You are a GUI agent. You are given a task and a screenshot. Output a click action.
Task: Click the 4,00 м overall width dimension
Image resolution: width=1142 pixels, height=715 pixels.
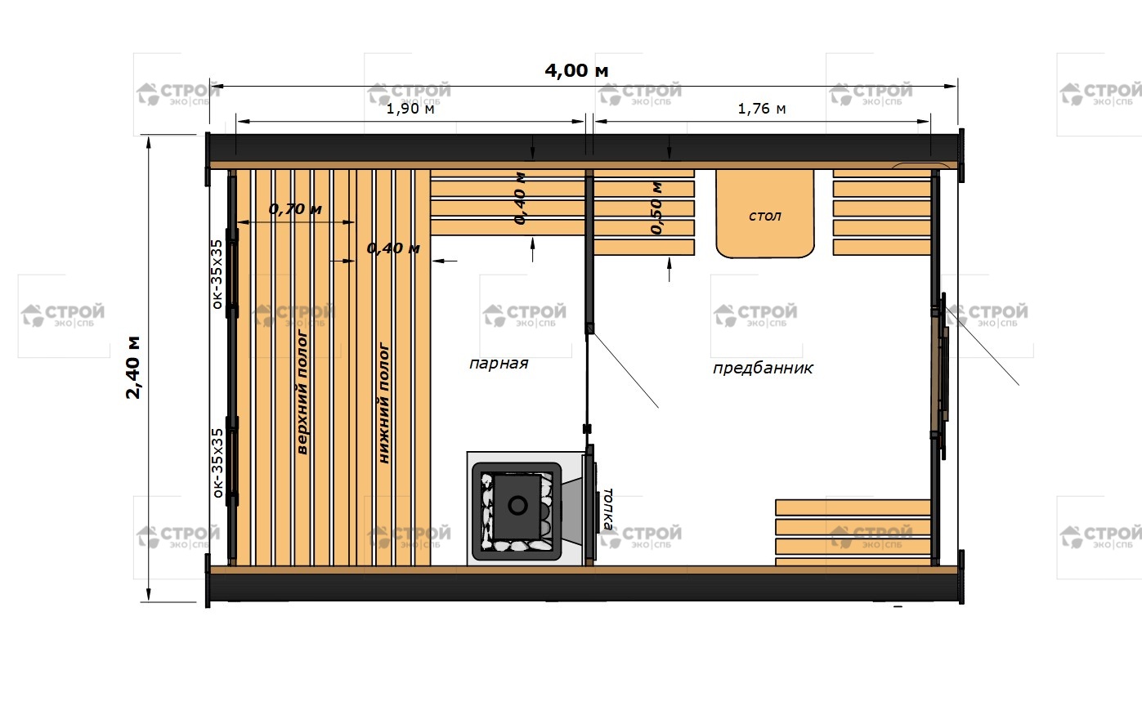point(576,71)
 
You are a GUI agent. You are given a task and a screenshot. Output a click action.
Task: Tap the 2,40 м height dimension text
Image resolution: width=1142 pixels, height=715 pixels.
point(133,367)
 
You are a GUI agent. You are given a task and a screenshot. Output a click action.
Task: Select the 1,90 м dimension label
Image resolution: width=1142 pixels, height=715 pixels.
point(410,109)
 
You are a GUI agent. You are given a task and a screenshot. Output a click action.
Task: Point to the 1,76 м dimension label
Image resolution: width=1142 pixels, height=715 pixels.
point(762,109)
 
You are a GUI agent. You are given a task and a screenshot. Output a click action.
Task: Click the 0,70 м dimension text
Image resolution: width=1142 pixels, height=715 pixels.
point(295,209)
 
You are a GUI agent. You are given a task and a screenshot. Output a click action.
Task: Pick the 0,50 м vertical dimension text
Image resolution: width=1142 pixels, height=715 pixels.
point(656,208)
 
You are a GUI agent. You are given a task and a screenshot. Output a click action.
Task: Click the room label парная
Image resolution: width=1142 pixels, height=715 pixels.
point(499,364)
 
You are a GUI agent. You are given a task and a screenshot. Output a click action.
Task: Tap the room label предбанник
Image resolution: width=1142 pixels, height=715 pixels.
point(763,368)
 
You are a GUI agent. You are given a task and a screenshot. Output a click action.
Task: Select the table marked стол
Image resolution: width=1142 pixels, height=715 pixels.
point(764,213)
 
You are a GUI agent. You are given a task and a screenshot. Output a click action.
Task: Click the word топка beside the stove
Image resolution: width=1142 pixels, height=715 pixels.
point(607,509)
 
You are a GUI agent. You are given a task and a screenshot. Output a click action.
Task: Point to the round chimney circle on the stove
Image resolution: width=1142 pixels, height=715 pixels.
point(518,506)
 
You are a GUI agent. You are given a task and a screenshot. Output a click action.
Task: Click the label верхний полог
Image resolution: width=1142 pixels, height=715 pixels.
point(302,392)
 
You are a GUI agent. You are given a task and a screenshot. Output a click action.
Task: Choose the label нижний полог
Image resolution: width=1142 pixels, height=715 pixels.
point(384,403)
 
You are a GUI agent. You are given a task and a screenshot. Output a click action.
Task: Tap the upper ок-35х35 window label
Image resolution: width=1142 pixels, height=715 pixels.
point(217,275)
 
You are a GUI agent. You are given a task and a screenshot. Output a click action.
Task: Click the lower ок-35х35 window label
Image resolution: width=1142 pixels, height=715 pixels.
point(217,463)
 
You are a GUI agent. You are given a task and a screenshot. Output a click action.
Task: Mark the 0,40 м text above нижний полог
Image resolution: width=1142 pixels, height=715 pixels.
point(393,248)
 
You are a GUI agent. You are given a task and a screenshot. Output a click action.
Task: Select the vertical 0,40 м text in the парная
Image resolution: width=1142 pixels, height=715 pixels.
point(520,199)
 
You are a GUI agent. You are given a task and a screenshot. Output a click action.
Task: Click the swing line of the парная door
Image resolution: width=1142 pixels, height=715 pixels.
point(625,369)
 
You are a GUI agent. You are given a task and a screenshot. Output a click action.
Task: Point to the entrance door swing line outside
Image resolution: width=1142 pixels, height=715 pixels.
point(982,346)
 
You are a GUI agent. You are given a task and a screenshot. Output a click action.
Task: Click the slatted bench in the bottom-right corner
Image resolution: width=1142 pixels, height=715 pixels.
point(853,533)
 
